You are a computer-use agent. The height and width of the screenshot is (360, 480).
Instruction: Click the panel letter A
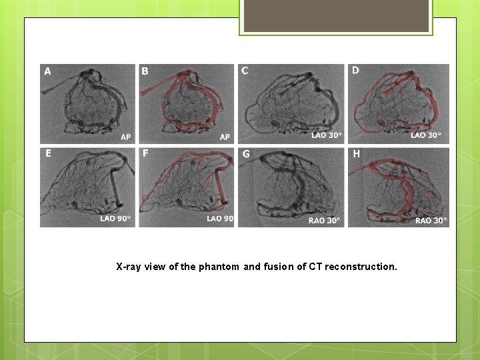pos(47,71)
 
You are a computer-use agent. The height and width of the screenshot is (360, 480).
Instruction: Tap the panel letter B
pos(145,71)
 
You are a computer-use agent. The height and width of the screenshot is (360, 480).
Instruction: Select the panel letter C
pos(245,71)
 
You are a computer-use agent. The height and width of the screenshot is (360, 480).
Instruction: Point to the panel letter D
pos(355,70)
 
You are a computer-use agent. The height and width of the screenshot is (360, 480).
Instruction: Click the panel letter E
pos(48,153)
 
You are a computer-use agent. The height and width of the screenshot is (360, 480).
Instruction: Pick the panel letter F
pos(145,154)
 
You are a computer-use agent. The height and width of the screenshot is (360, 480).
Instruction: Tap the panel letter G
pos(246,154)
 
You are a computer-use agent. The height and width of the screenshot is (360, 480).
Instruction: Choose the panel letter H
pos(356,154)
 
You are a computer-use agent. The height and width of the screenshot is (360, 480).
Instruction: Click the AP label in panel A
pos(125,137)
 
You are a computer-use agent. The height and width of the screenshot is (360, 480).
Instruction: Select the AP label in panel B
pos(225,137)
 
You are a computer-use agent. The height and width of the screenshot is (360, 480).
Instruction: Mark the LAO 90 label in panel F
pos(219,219)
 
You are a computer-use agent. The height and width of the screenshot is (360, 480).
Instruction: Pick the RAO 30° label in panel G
pos(324,220)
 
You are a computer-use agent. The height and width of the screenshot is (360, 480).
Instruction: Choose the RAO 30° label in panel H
pos(431,220)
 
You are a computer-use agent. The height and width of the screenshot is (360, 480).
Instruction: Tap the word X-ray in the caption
pos(129,267)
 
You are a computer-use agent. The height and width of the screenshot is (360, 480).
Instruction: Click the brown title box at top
pos(336,16)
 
